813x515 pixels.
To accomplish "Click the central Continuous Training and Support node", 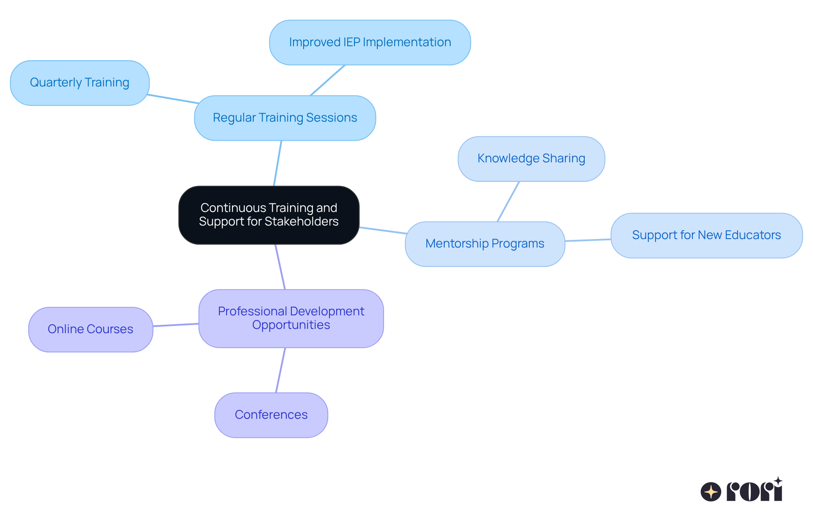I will click(269, 215).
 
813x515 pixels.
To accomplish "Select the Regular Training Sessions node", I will click(285, 118).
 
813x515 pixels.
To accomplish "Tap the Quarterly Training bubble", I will click(80, 83).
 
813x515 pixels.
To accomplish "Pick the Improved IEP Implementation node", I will click(370, 42).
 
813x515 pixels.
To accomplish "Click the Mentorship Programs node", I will click(485, 244).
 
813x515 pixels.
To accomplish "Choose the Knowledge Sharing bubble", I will click(531, 159).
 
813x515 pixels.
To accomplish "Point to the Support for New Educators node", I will click(706, 235).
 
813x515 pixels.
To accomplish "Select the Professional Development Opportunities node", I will click(291, 318).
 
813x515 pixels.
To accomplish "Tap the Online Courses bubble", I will click(90, 329).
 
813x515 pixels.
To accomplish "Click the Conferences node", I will click(271, 415).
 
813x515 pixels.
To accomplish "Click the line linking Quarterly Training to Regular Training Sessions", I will click(173, 99).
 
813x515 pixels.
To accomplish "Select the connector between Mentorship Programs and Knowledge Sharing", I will click(508, 201).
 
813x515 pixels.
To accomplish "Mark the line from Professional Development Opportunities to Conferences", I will click(280, 370).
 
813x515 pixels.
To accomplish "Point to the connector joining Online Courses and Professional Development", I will click(176, 325).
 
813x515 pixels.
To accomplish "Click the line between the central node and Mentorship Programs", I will click(383, 231).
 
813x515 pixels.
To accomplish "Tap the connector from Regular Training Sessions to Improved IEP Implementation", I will click(328, 80).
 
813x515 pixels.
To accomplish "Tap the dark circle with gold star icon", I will click(711, 492).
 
